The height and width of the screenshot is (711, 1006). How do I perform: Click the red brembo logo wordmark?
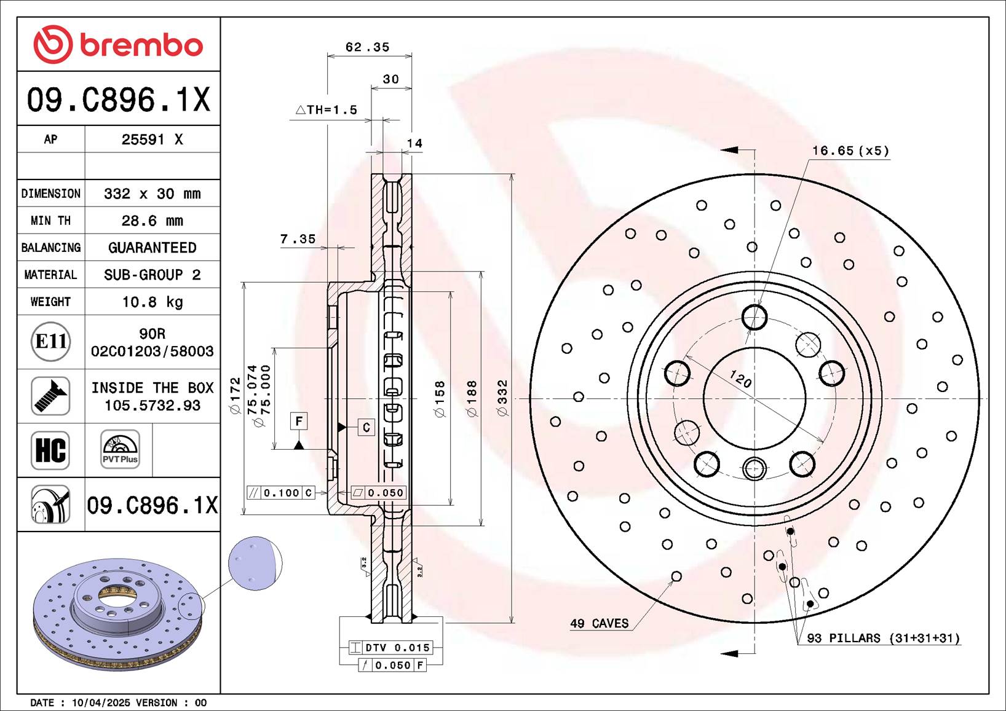[141, 45]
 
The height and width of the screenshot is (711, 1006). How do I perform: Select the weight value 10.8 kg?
[152, 302]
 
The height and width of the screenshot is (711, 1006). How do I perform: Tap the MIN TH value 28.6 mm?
[152, 221]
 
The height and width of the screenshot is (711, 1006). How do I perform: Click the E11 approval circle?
[51, 342]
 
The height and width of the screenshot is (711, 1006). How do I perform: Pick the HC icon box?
[50, 450]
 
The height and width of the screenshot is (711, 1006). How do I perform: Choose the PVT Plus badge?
[120, 449]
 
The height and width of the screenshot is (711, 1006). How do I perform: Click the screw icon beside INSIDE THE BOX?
[50, 396]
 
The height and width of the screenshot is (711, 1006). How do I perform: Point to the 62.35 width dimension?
[367, 47]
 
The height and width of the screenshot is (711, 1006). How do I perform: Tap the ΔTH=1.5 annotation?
[327, 109]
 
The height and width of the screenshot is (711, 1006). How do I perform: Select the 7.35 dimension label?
[298, 239]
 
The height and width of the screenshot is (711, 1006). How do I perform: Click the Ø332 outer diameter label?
[502, 398]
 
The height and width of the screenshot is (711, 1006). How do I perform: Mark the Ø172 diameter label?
[236, 396]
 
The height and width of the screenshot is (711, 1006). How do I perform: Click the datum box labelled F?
[299, 421]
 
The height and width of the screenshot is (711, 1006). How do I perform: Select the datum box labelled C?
[366, 427]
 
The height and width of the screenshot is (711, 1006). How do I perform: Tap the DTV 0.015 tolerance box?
[391, 647]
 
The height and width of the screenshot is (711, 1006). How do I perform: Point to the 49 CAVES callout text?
[600, 623]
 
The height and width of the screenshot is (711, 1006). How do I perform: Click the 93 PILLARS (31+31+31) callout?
[884, 638]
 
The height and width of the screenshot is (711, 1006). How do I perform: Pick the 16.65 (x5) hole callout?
[850, 151]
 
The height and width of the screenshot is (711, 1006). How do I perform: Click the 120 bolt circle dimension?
[740, 379]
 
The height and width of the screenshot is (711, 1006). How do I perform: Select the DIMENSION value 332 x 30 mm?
[152, 194]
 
